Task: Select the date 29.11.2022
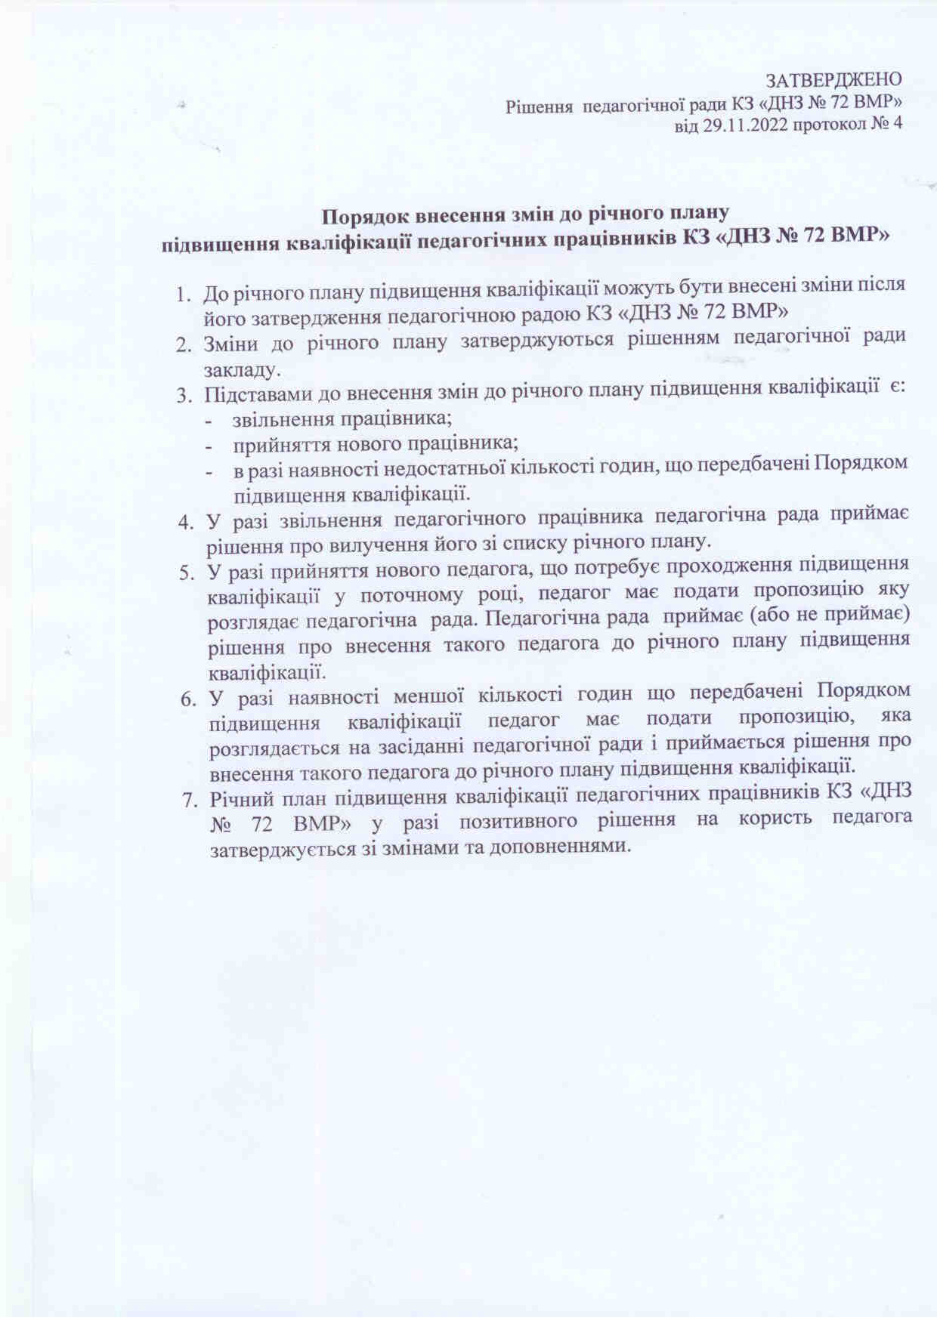coord(748,125)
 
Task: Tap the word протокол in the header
coord(829,125)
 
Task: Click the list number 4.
coord(184,521)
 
